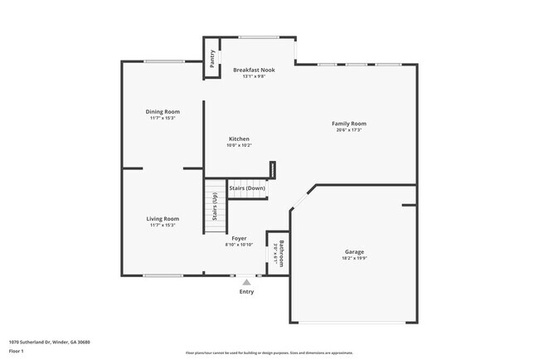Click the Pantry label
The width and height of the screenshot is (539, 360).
point(212,58)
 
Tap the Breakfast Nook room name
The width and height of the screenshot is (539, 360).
point(254,70)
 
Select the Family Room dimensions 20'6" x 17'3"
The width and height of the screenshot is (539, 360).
point(349,130)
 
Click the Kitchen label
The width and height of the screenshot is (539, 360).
point(239,139)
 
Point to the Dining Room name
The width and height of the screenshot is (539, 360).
point(163,111)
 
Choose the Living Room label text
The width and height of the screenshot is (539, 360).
point(163,218)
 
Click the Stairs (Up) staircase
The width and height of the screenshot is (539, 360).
point(215,208)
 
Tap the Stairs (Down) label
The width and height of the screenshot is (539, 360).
point(247,188)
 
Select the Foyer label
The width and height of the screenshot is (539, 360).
point(239,238)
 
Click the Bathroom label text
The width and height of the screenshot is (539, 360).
point(282,253)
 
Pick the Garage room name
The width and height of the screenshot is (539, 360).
point(354,251)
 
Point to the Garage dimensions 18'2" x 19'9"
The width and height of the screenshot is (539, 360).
point(354,259)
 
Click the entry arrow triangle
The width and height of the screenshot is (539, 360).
point(246,283)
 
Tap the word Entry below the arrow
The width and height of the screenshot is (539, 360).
point(246,292)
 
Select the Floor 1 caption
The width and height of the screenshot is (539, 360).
point(17,352)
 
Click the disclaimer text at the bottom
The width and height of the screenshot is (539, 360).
point(269,353)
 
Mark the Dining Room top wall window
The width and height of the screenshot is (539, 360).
point(163,61)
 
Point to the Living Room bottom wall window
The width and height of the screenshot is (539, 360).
point(163,275)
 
